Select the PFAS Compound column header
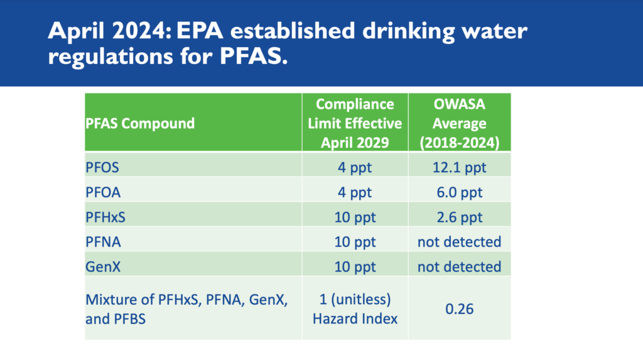(140, 123)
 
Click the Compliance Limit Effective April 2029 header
(355, 123)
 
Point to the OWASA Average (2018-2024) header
(459, 123)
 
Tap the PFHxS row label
(107, 217)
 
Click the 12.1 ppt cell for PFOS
(459, 168)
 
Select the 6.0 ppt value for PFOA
(459, 192)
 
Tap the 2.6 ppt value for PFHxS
(459, 217)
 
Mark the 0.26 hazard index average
(459, 309)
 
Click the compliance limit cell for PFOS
(355, 168)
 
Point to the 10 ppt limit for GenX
(355, 266)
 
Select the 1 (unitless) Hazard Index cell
(355, 309)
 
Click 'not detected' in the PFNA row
(459, 241)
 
